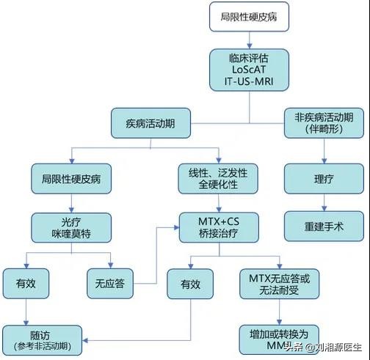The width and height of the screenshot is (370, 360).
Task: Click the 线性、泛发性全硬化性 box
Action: click(x=218, y=178)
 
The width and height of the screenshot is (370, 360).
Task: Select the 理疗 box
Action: click(x=324, y=178)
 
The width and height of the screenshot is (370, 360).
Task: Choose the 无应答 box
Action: click(x=109, y=282)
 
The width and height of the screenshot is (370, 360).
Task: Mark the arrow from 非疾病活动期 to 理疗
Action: click(x=324, y=152)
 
